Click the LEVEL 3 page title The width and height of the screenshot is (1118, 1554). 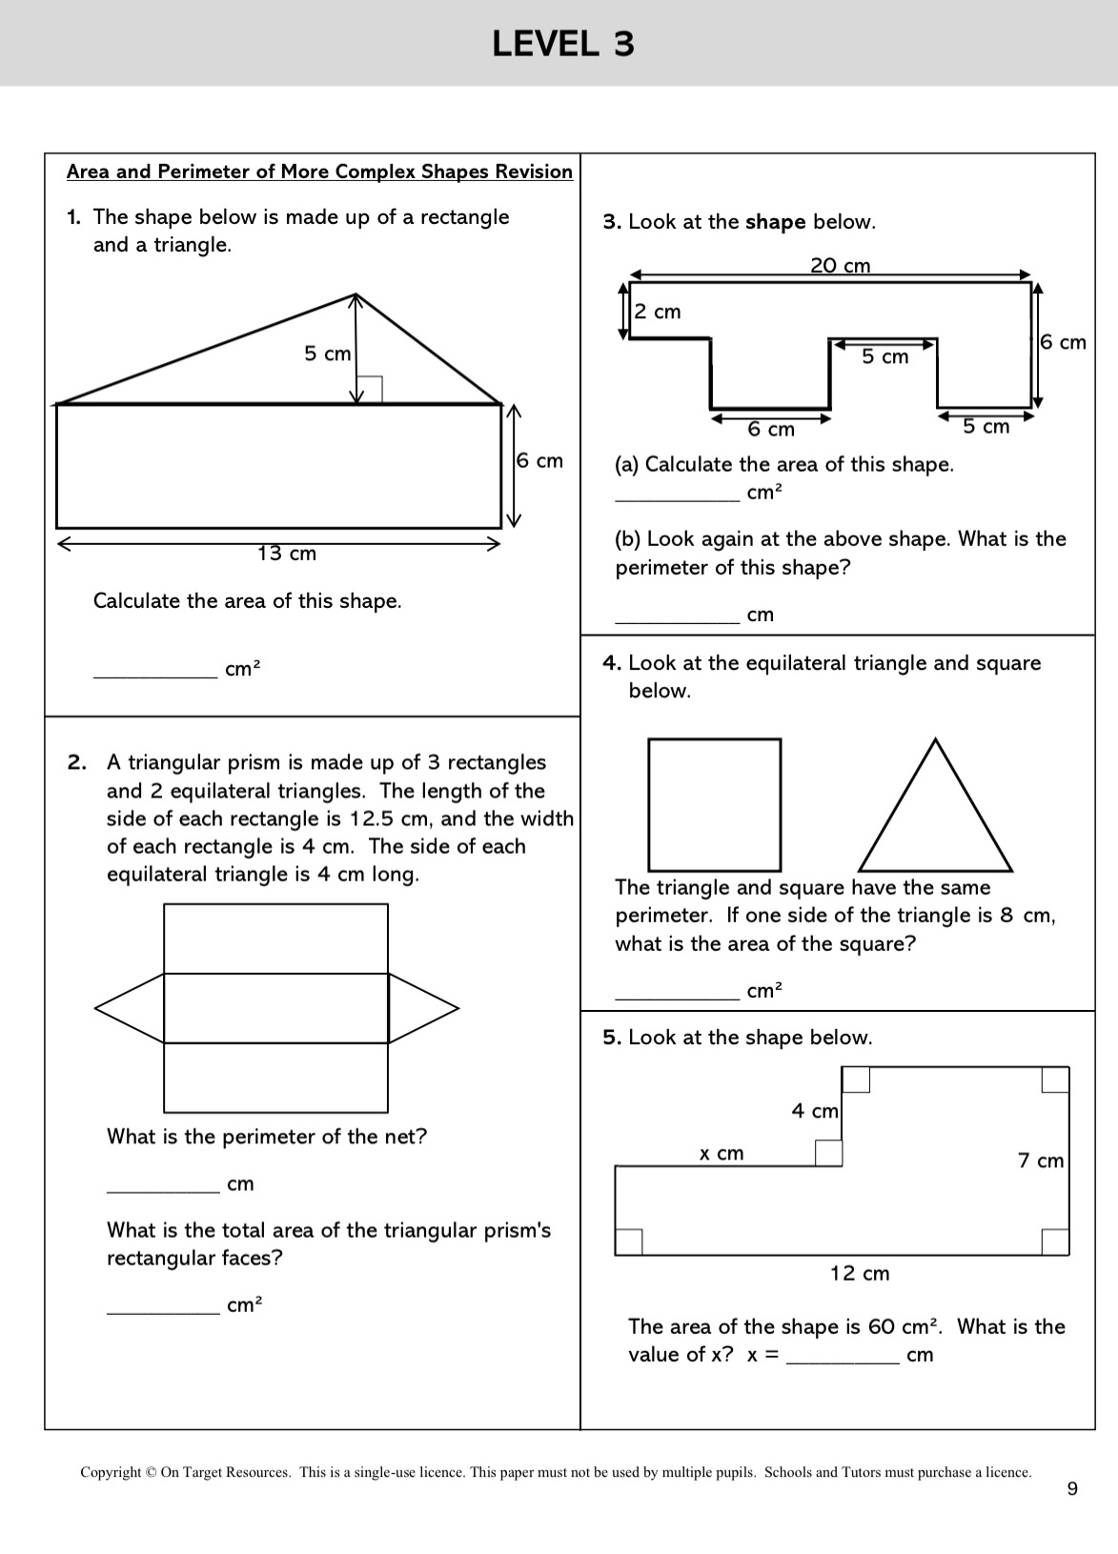click(x=563, y=44)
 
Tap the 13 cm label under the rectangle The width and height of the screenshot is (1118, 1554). click(x=287, y=554)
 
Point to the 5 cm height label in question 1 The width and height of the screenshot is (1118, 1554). click(x=328, y=353)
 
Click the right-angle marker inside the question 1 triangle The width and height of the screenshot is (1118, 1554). click(x=370, y=390)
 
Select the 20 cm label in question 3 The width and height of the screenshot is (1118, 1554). click(x=840, y=265)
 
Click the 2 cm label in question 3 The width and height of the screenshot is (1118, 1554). click(x=658, y=312)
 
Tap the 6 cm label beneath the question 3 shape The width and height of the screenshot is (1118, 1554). click(x=770, y=430)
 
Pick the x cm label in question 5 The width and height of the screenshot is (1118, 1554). click(x=722, y=1154)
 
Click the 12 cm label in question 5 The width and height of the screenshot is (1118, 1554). click(x=860, y=1274)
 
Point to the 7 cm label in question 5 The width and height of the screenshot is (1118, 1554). click(x=1040, y=1160)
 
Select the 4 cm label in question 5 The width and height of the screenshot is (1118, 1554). click(x=815, y=1111)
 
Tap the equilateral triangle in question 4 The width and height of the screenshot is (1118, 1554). click(x=897, y=805)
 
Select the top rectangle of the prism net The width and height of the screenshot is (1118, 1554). click(x=275, y=904)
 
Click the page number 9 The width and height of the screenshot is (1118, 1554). click(x=1072, y=1489)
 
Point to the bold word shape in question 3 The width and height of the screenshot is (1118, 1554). click(x=775, y=223)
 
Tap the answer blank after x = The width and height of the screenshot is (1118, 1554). click(x=843, y=1363)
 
